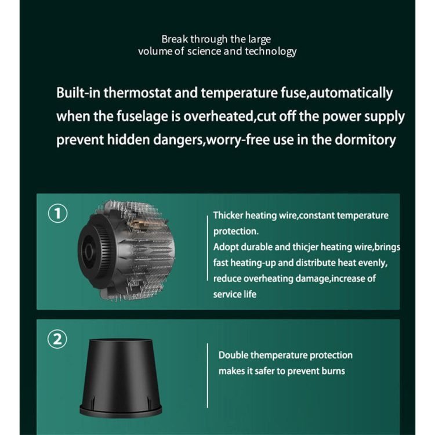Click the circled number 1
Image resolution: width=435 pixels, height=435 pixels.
point(57,213)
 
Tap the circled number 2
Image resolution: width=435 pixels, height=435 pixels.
point(57,339)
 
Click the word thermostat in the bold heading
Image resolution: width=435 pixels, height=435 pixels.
point(137,93)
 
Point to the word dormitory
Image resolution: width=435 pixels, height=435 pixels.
point(365,140)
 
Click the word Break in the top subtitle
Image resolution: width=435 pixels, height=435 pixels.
point(175,39)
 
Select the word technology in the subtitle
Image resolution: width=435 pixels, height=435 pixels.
point(271,52)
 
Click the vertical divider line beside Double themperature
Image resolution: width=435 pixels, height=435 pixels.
point(208,376)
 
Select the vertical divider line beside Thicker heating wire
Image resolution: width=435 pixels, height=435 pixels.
point(208,248)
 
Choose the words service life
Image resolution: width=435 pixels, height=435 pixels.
point(235,294)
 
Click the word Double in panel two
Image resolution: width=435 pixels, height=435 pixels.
point(233,356)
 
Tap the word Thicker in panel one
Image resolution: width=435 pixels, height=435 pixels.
point(228,215)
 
